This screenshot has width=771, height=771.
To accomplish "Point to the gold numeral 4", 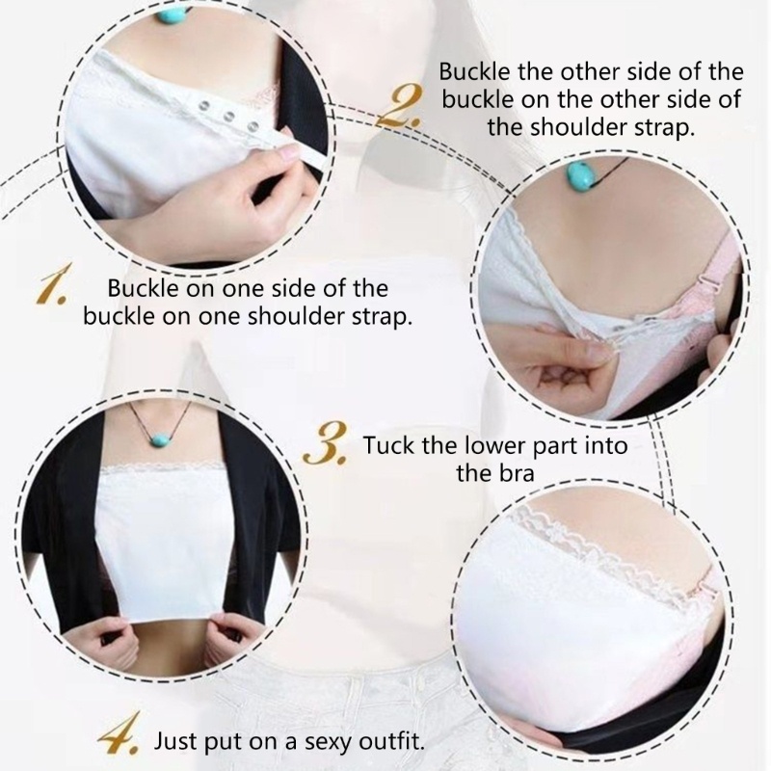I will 124,740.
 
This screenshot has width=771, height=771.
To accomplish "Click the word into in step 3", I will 606,446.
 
